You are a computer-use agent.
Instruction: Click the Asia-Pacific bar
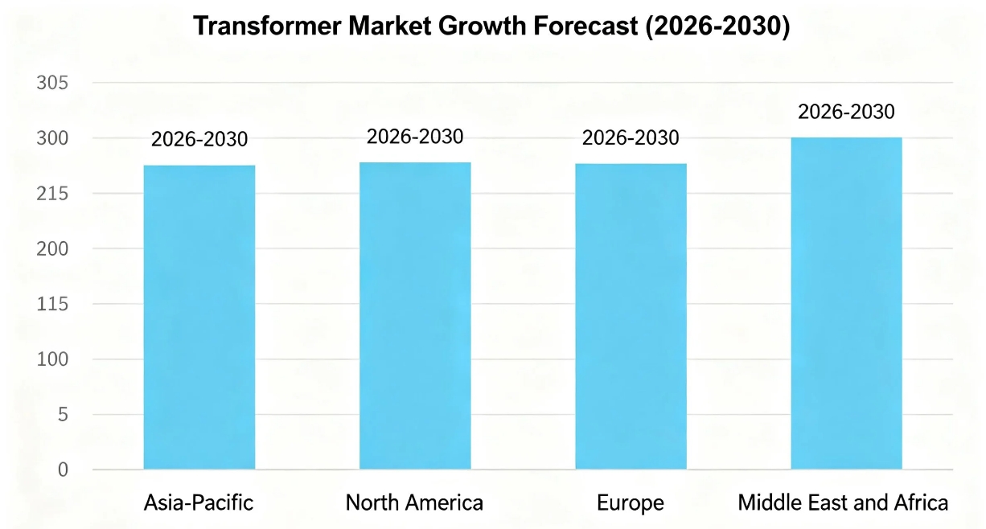199,317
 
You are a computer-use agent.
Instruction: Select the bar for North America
415,315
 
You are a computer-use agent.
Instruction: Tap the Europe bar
631,316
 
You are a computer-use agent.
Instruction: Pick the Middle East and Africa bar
846,303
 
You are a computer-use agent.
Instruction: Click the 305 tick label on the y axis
52,84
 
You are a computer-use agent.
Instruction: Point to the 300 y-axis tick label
52,139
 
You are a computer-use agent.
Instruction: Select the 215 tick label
52,194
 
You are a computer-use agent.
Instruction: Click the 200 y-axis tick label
52,249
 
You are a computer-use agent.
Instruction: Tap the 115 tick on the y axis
52,305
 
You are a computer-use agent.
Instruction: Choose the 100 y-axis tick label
52,359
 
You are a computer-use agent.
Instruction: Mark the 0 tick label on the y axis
63,470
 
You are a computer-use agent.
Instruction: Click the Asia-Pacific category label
199,503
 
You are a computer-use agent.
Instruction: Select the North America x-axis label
414,503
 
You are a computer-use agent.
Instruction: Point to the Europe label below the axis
631,503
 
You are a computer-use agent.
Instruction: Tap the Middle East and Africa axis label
843,503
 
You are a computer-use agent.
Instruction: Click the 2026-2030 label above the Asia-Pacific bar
199,140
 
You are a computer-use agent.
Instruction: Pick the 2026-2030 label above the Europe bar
631,138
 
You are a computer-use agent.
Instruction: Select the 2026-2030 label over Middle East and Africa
846,112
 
